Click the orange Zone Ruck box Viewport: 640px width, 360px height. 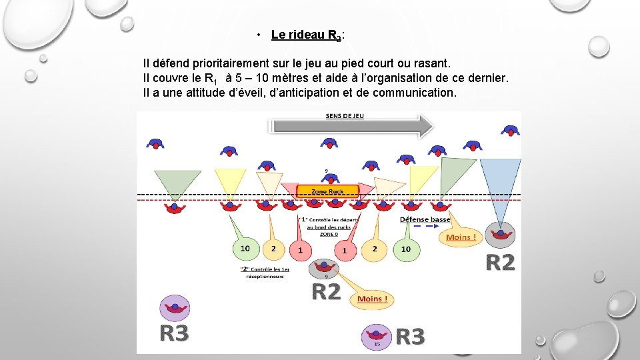tap(327, 191)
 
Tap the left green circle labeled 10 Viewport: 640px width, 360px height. tap(245, 249)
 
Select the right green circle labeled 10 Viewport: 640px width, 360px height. tap(406, 249)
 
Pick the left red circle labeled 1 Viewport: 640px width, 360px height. tap(300, 250)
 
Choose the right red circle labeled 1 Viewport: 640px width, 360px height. tap(345, 250)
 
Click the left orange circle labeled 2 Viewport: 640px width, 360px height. tap(273, 249)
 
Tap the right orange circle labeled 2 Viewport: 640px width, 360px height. tap(375, 249)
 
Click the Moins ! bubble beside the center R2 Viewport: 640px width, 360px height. tap(372, 299)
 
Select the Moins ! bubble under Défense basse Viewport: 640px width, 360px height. tap(461, 237)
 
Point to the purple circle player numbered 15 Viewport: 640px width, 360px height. tap(377, 337)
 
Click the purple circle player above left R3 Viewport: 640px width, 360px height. tap(175, 308)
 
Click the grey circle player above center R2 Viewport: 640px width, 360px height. tap(326, 269)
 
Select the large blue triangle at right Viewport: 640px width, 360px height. tap(500, 184)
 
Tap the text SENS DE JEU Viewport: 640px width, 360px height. tap(345, 115)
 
